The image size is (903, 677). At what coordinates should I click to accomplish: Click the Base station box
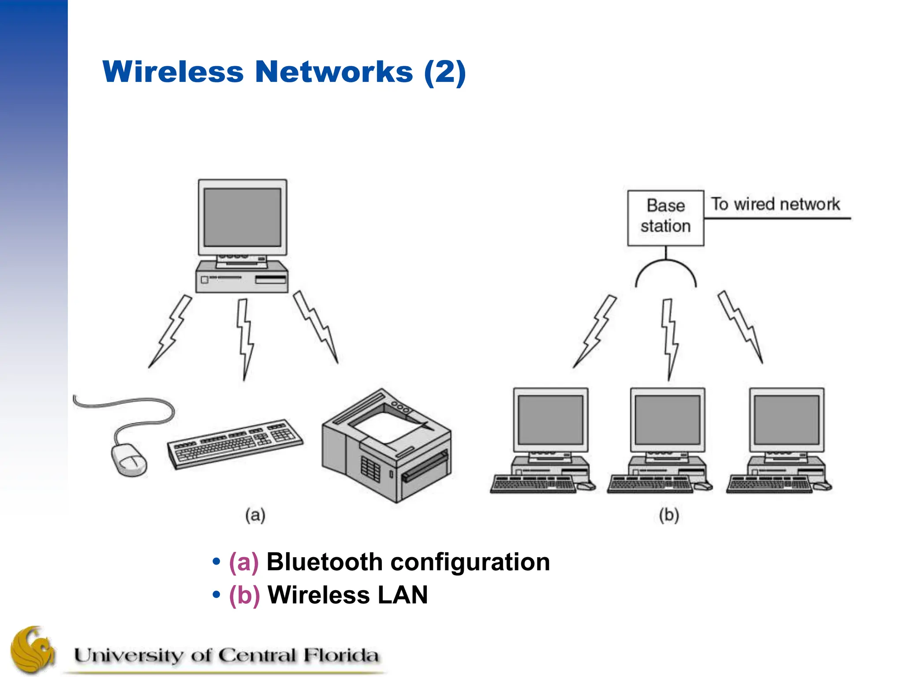click(665, 218)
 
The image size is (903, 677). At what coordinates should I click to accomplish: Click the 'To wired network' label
click(775, 205)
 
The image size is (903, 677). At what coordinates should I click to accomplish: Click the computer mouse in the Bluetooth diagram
click(128, 459)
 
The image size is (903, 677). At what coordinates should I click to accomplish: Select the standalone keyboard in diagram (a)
click(235, 443)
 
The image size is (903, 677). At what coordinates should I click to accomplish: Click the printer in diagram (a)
click(386, 445)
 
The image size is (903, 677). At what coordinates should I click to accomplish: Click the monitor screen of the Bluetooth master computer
click(242, 217)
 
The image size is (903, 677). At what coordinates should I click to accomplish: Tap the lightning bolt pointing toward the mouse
click(170, 331)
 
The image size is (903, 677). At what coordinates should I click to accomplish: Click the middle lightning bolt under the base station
click(669, 338)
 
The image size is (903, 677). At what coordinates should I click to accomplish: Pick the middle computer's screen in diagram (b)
click(667, 420)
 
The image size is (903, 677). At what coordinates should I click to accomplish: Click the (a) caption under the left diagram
click(255, 515)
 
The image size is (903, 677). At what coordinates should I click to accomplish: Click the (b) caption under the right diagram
click(669, 515)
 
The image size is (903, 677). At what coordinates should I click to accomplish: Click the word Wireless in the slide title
click(173, 72)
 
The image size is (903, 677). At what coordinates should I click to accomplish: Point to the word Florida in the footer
click(340, 655)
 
